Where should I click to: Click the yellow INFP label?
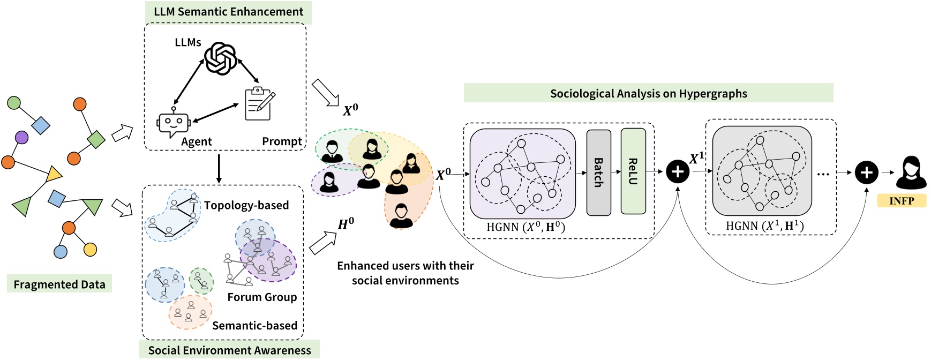click(902, 201)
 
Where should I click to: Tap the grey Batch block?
click(599, 172)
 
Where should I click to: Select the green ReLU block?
click(633, 171)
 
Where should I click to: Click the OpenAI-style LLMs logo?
click(221, 58)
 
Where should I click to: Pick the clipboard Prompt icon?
click(260, 103)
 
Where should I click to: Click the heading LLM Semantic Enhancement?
click(228, 12)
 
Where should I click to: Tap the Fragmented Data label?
click(59, 284)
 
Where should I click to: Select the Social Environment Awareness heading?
click(229, 350)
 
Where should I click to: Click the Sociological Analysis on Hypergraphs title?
click(648, 93)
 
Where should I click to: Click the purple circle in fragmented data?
click(21, 138)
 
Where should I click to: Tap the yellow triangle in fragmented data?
click(54, 174)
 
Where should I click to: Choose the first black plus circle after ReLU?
click(678, 172)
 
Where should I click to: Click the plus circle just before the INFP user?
click(867, 172)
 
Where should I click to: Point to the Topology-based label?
click(246, 205)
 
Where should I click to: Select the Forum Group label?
click(262, 297)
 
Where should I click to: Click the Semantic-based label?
click(254, 325)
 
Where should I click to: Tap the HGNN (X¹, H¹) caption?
click(764, 226)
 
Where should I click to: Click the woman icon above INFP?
click(911, 172)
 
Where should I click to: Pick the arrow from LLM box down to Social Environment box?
click(219, 168)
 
